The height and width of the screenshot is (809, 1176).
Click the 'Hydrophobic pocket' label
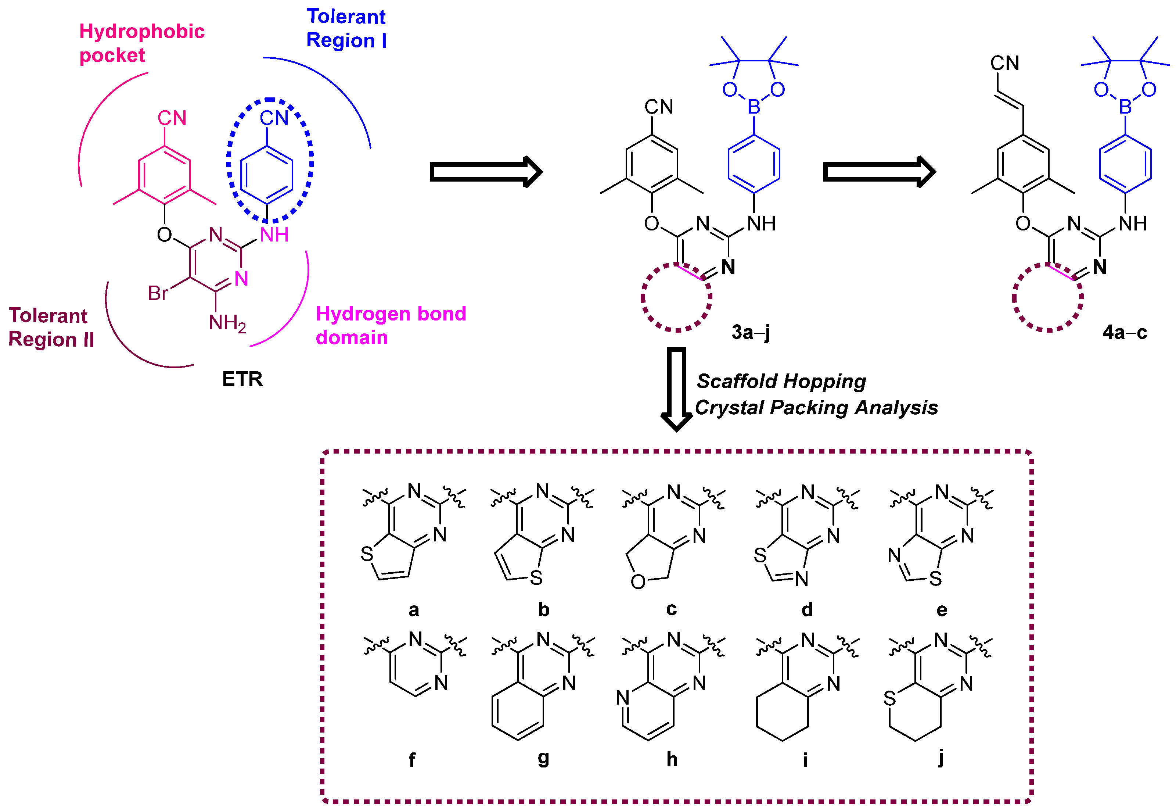coord(141,43)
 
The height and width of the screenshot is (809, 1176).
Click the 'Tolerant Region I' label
coord(346,28)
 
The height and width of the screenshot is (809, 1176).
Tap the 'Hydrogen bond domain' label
coord(390,325)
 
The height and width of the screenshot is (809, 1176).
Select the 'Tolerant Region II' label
coord(51,327)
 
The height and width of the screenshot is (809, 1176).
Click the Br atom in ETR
coord(158,293)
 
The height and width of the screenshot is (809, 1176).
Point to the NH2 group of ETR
coord(227,323)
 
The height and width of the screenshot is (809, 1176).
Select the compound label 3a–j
coord(751,333)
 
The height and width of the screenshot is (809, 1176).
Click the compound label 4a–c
coord(1124,333)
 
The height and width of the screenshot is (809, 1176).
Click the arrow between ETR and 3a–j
coord(485,172)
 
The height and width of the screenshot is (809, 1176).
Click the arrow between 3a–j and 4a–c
coord(878,172)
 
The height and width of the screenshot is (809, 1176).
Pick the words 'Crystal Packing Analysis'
coord(816,408)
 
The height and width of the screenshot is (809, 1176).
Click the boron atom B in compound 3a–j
coord(754,107)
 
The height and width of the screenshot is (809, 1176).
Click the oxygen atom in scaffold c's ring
coord(638,582)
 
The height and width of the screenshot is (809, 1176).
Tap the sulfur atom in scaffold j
coord(889,698)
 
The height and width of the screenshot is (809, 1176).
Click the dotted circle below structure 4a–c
coord(1048,298)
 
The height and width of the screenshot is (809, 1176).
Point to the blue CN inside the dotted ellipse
coord(274,118)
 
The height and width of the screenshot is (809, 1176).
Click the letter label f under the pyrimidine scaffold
coord(412,759)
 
